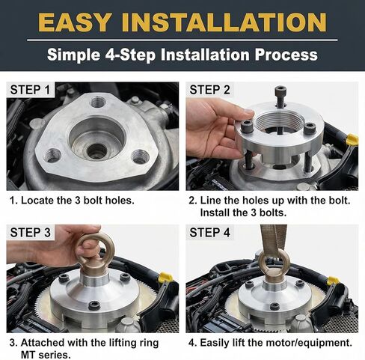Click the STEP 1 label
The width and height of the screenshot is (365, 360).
click(31, 91)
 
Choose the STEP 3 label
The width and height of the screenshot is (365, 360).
click(31, 234)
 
